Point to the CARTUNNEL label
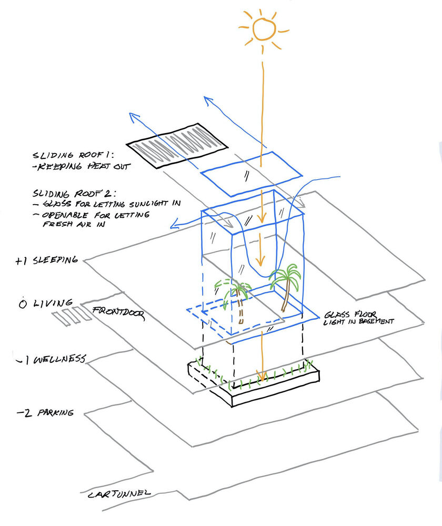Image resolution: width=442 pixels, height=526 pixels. click(119, 493)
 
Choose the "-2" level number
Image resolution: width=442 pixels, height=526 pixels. click(23, 413)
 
